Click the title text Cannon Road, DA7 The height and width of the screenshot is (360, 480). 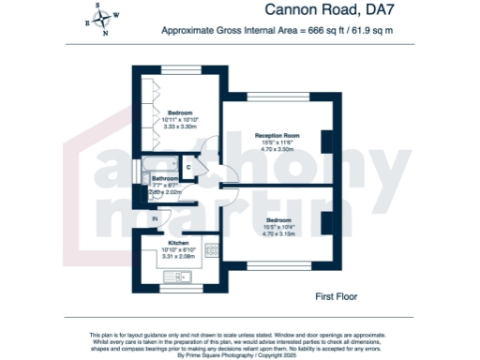[320, 10]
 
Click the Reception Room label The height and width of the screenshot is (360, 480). [277, 136]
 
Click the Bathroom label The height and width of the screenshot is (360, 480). [166, 178]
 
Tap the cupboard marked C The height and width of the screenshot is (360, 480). [188, 168]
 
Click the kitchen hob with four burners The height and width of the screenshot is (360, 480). [212, 250]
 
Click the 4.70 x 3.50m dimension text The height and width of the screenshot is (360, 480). [277, 149]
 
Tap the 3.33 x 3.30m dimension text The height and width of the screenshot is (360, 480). [180, 126]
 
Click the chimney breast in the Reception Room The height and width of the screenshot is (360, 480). [326, 141]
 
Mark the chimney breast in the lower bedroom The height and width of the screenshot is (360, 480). [326, 222]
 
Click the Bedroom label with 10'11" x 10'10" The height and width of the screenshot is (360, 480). [180, 112]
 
